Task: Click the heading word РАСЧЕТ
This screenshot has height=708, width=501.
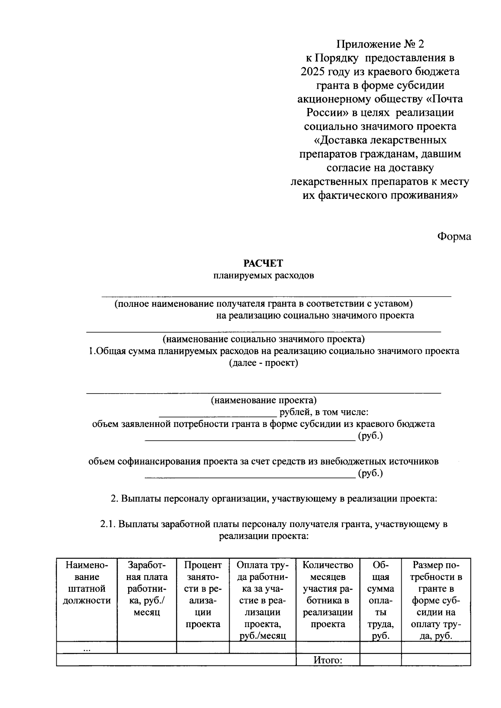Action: [263, 263]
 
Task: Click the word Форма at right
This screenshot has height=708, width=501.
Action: [454, 236]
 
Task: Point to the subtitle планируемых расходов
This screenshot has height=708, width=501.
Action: [263, 276]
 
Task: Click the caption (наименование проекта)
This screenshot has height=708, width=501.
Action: [263, 400]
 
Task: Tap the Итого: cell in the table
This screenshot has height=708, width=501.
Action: [328, 660]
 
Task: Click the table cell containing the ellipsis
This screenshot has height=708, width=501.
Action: [87, 648]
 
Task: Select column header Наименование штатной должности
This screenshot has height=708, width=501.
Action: [87, 583]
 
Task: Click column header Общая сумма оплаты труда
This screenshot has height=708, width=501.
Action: [380, 600]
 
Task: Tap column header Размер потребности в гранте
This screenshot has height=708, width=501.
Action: [436, 600]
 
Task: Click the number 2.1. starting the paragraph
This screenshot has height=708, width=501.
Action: [108, 525]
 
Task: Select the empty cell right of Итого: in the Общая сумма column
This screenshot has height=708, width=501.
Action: [380, 660]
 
